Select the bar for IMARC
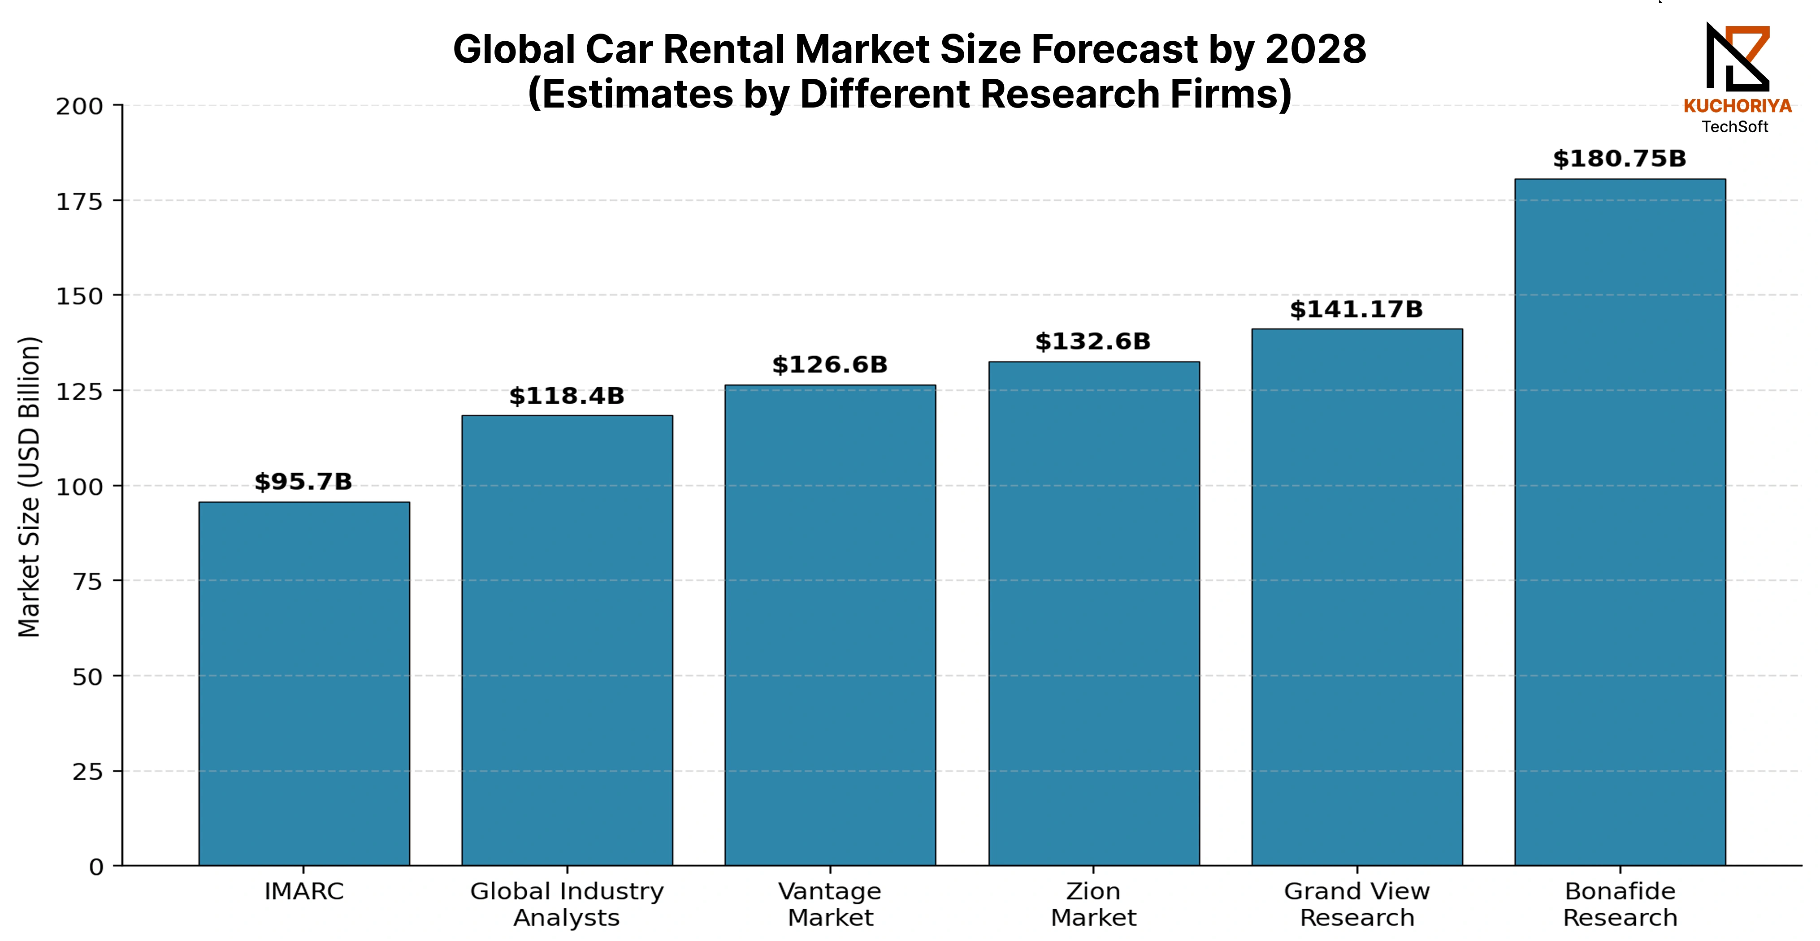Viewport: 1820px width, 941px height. tap(304, 684)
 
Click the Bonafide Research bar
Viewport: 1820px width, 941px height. tap(1620, 522)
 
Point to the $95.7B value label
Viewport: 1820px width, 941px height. tap(303, 482)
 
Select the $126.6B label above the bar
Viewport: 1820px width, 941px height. tap(829, 365)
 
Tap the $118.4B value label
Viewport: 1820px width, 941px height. tap(567, 396)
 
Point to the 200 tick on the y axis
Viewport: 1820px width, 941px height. tap(80, 107)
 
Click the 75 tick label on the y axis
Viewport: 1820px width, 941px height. tap(87, 582)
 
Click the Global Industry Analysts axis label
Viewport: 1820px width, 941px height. tap(567, 904)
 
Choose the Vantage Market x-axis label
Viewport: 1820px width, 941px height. tap(830, 904)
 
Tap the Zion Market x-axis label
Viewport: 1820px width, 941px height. tap(1094, 904)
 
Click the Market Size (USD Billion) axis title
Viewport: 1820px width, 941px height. tap(29, 487)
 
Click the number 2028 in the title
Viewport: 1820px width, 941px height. tap(1316, 49)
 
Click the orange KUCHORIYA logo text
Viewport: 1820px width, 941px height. tap(1738, 106)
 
